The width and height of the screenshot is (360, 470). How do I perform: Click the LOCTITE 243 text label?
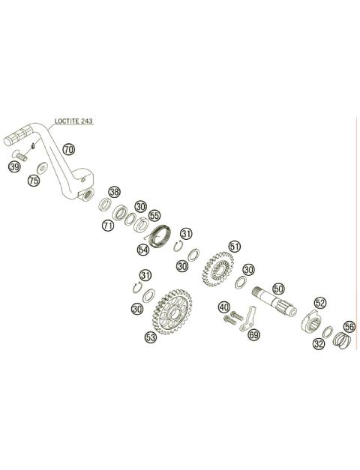(73, 121)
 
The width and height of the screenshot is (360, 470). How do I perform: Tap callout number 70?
(69, 149)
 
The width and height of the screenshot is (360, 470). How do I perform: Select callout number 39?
(14, 166)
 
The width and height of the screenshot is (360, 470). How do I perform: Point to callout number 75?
(34, 181)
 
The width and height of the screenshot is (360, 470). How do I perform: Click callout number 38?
(114, 192)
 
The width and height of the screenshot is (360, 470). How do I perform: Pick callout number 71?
(108, 225)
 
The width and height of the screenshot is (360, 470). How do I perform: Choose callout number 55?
(154, 215)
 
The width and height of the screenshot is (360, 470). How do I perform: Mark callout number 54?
(143, 250)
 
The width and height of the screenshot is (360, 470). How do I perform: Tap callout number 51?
(235, 247)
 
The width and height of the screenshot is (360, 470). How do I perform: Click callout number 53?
(151, 337)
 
